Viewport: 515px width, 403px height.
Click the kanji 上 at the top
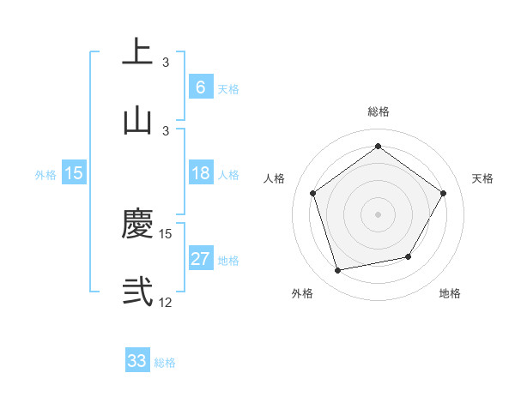tap(137, 51)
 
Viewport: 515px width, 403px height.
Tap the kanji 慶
tap(137, 223)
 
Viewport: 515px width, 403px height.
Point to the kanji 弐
tap(137, 292)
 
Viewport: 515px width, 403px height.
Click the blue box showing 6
tap(200, 87)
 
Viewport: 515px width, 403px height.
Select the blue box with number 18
tap(200, 173)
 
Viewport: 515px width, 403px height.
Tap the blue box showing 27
tap(200, 259)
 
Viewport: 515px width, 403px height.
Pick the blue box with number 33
tap(137, 361)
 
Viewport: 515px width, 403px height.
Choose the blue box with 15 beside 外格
tap(74, 173)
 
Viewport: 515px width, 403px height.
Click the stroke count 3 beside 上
tap(166, 63)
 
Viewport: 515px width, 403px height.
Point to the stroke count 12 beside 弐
tap(166, 303)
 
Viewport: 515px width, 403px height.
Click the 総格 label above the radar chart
tap(378, 111)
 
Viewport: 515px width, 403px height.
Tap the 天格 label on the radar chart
tap(482, 178)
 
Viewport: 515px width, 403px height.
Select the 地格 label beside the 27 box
tap(228, 261)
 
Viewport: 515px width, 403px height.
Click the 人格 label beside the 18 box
tap(228, 175)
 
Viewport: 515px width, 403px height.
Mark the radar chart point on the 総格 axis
tap(378, 146)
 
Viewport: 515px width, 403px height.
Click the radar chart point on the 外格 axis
tap(338, 270)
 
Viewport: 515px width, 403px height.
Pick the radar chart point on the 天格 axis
tap(443, 193)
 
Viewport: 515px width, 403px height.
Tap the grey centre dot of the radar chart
tap(378, 214)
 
